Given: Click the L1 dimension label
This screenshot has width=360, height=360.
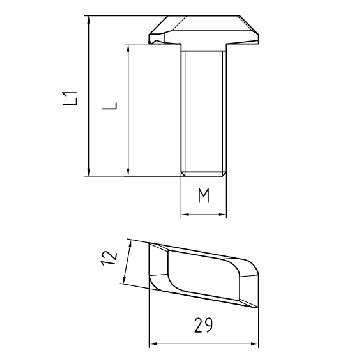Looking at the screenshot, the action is pyautogui.click(x=71, y=98).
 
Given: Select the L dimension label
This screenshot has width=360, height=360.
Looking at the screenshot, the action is pyautogui.click(x=110, y=106).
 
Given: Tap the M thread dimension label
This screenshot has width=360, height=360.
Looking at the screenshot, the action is pyautogui.click(x=204, y=195).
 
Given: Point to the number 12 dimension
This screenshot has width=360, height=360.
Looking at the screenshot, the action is pyautogui.click(x=110, y=258).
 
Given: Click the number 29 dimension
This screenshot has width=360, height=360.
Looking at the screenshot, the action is pyautogui.click(x=203, y=325).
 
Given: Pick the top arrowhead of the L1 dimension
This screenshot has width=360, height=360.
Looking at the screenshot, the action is pyautogui.click(x=89, y=20).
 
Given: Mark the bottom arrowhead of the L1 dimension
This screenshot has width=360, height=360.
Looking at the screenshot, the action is pyautogui.click(x=89, y=172).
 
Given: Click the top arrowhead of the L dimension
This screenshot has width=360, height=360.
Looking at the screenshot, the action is pyautogui.click(x=128, y=48).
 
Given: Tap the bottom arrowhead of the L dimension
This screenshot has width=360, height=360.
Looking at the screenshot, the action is pyautogui.click(x=128, y=172).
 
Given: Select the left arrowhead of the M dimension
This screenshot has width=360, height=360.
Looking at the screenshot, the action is pyautogui.click(x=185, y=214).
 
